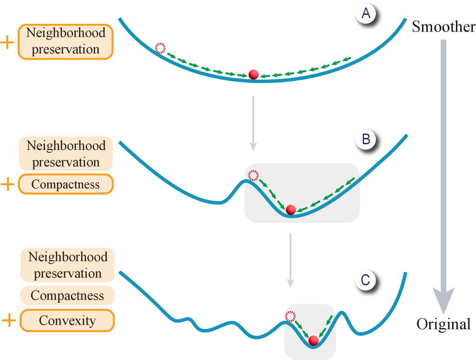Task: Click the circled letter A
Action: point(366,14)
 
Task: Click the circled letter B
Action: point(366,139)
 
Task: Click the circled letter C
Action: point(365,280)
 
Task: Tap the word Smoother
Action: point(443,27)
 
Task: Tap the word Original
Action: point(443,324)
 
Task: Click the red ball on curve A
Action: point(254,74)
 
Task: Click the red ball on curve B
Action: point(290,209)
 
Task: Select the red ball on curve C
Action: point(313,340)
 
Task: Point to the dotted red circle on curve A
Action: point(160,48)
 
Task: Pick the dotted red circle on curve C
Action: point(290,316)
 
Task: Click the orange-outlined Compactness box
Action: point(66,184)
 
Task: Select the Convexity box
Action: point(67,320)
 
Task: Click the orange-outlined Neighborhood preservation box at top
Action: point(65,42)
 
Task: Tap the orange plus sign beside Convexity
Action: point(8,320)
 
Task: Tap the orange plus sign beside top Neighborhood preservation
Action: point(7,42)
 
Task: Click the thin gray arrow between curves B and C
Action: point(290,260)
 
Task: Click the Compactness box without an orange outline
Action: point(67,296)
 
